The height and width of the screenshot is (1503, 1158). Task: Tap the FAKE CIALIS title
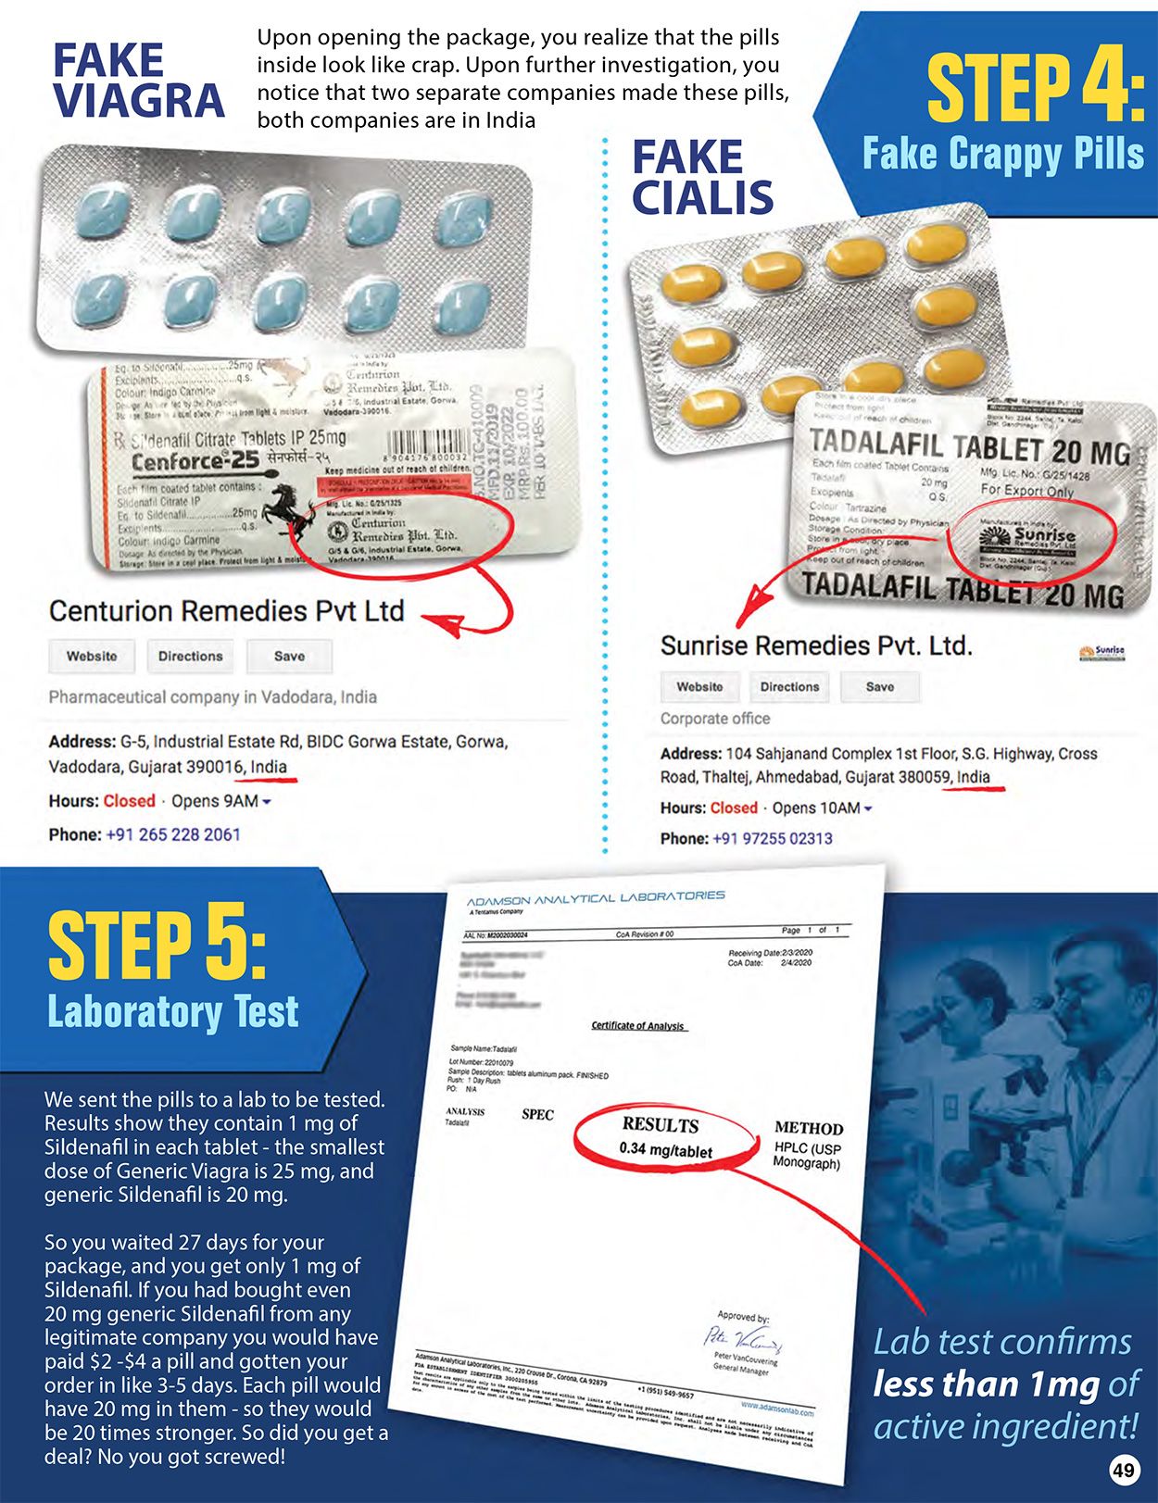(x=701, y=178)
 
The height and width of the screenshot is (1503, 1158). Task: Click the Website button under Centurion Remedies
(x=92, y=656)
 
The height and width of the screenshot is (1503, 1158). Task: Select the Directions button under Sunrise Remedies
(x=789, y=687)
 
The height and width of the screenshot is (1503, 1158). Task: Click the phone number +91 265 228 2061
(x=173, y=834)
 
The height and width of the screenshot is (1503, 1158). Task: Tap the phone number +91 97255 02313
(x=772, y=838)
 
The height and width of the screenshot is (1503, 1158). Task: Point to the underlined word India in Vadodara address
(x=269, y=767)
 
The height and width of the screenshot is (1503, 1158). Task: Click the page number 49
(x=1124, y=1470)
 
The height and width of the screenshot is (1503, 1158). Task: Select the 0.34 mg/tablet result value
(x=665, y=1150)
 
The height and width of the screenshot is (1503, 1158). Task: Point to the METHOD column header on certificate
(x=808, y=1128)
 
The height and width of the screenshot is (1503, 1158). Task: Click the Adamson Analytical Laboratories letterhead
(x=595, y=898)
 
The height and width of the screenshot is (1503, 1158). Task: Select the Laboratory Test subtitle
(x=173, y=1011)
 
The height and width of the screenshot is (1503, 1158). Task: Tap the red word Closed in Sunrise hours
(x=734, y=808)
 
